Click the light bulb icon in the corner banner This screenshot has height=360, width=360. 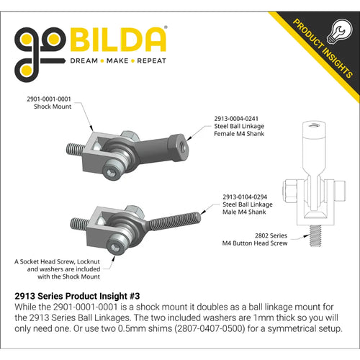tap(341, 32)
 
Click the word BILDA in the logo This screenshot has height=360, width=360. tap(118, 40)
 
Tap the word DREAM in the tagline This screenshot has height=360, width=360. tap(84, 61)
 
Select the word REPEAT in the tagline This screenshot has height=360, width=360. tap(151, 61)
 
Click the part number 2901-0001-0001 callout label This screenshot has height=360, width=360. tap(49, 99)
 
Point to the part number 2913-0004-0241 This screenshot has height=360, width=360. tap(236, 119)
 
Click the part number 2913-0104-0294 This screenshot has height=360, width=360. tap(245, 197)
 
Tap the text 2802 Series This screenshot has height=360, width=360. tap(271, 235)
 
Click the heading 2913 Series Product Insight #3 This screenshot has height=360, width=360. tap(77, 296)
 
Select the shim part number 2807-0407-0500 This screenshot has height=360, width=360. tap(210, 328)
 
